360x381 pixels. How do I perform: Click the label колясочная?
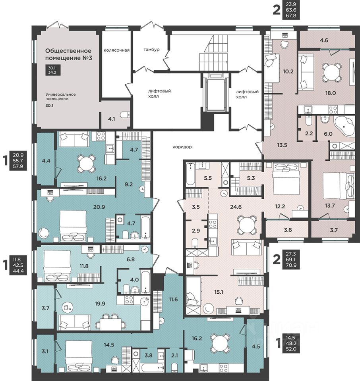[116, 50]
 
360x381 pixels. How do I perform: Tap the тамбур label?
[151, 50]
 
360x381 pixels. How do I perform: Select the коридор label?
[182, 147]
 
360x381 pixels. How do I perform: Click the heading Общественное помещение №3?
[69, 54]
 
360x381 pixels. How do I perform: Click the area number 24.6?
[236, 207]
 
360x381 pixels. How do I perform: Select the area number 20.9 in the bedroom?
[99, 207]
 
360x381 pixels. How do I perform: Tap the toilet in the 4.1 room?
[126, 115]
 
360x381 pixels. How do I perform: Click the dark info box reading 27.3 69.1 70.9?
[291, 260]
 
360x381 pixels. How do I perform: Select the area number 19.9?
[100, 304]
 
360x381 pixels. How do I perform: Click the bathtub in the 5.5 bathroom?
[190, 174]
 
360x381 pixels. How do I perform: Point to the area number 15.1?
[219, 292]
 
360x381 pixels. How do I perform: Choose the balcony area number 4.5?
[256, 346]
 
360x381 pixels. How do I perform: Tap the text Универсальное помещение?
[60, 96]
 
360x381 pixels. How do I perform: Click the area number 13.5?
[282, 145]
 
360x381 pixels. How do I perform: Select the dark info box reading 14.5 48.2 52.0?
[291, 344]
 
